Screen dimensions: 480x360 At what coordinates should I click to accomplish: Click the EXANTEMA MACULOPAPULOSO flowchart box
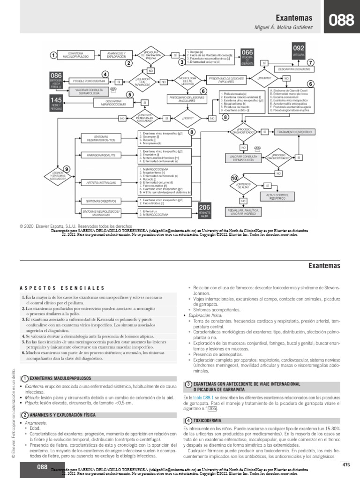[x=75, y=55]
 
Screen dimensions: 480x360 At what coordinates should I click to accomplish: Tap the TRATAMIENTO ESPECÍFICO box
[x=293, y=132]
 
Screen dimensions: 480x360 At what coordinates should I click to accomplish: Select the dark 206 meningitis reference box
[x=205, y=210]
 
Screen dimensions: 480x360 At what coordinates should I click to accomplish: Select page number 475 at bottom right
[x=346, y=465]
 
